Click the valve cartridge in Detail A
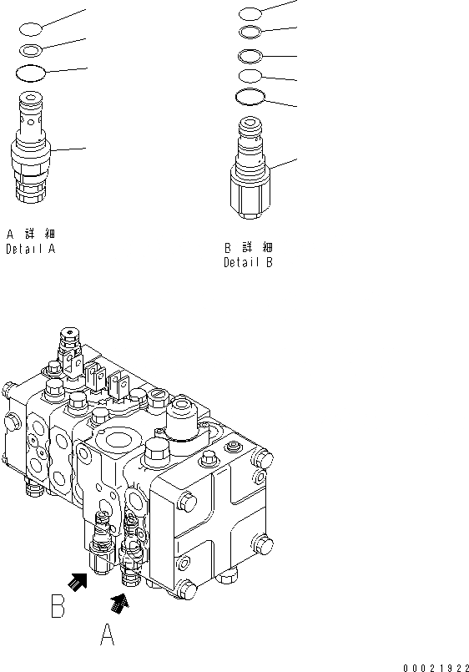31,147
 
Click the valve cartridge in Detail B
250,167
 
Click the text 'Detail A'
31,249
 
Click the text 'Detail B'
249,262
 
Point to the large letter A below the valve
107,634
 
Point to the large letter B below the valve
58,605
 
